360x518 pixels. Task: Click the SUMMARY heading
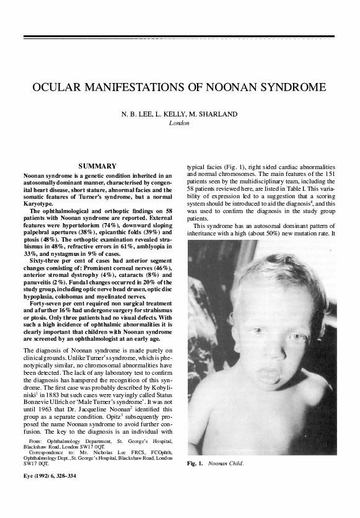click(98, 166)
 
